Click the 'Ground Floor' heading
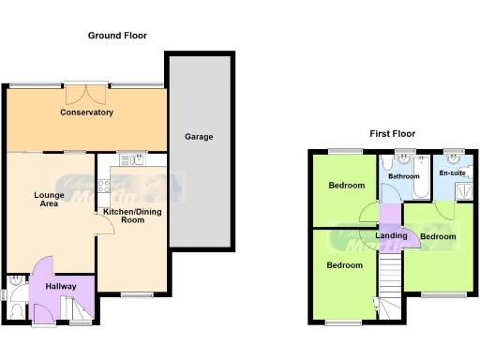(x=117, y=36)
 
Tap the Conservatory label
(x=86, y=112)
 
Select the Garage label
(x=198, y=137)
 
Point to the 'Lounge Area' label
(x=49, y=199)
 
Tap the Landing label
(x=391, y=235)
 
